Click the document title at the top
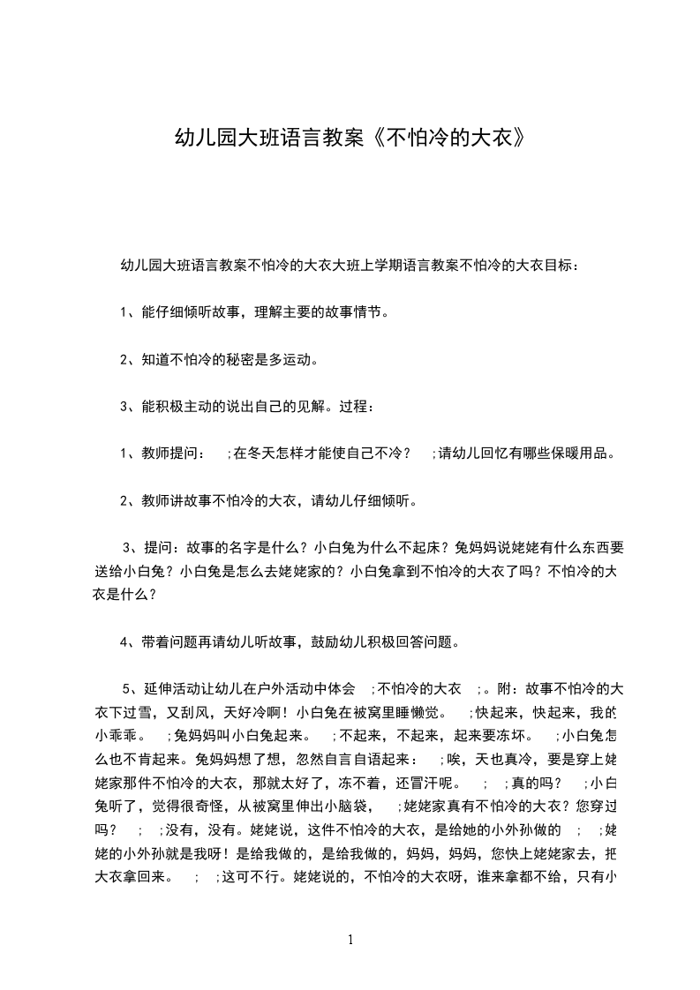(x=350, y=138)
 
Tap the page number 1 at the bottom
(x=350, y=940)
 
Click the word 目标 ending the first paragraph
(x=558, y=265)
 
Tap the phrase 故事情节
(x=358, y=312)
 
